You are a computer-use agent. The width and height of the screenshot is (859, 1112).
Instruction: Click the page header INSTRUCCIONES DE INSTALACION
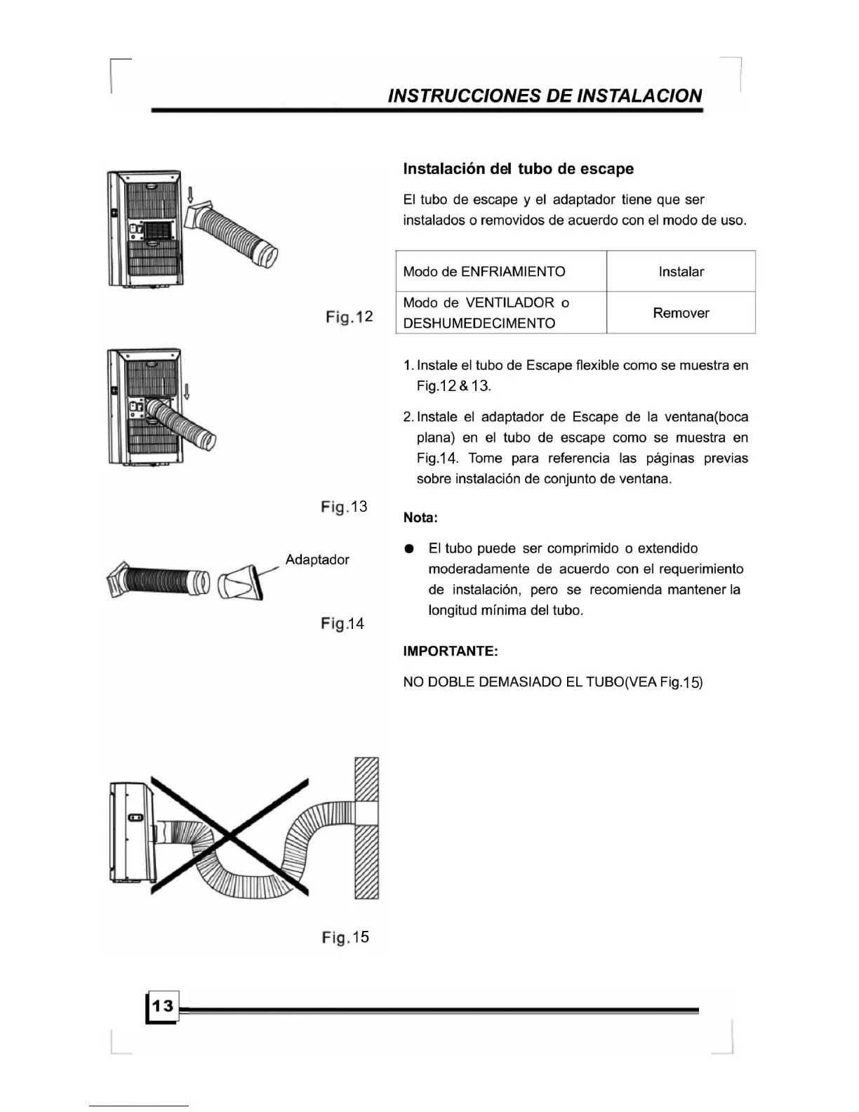coord(545,95)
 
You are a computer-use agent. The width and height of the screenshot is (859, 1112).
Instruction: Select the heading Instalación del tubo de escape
coord(518,169)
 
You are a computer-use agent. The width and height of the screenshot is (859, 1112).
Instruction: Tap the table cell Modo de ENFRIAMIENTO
coord(484,272)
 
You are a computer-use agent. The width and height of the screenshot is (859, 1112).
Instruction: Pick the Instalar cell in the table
coord(681,272)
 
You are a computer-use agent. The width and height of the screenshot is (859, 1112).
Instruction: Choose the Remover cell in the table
coord(681,313)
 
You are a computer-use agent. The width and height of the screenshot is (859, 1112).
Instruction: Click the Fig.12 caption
coord(349,317)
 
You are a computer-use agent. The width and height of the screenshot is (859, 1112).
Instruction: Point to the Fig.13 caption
coord(344,507)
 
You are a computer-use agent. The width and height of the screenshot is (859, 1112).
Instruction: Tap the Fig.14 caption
coord(342,624)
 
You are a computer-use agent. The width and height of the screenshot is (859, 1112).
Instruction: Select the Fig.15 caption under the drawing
coord(345,938)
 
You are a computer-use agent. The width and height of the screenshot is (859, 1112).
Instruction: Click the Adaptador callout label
coord(317,560)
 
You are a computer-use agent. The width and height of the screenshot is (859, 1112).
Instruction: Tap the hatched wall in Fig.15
coord(367,828)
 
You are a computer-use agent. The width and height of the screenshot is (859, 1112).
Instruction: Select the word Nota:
coord(420,518)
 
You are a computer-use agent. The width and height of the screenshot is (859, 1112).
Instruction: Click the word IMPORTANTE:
coord(451,651)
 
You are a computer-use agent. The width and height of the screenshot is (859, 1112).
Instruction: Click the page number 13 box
coord(162,1007)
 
